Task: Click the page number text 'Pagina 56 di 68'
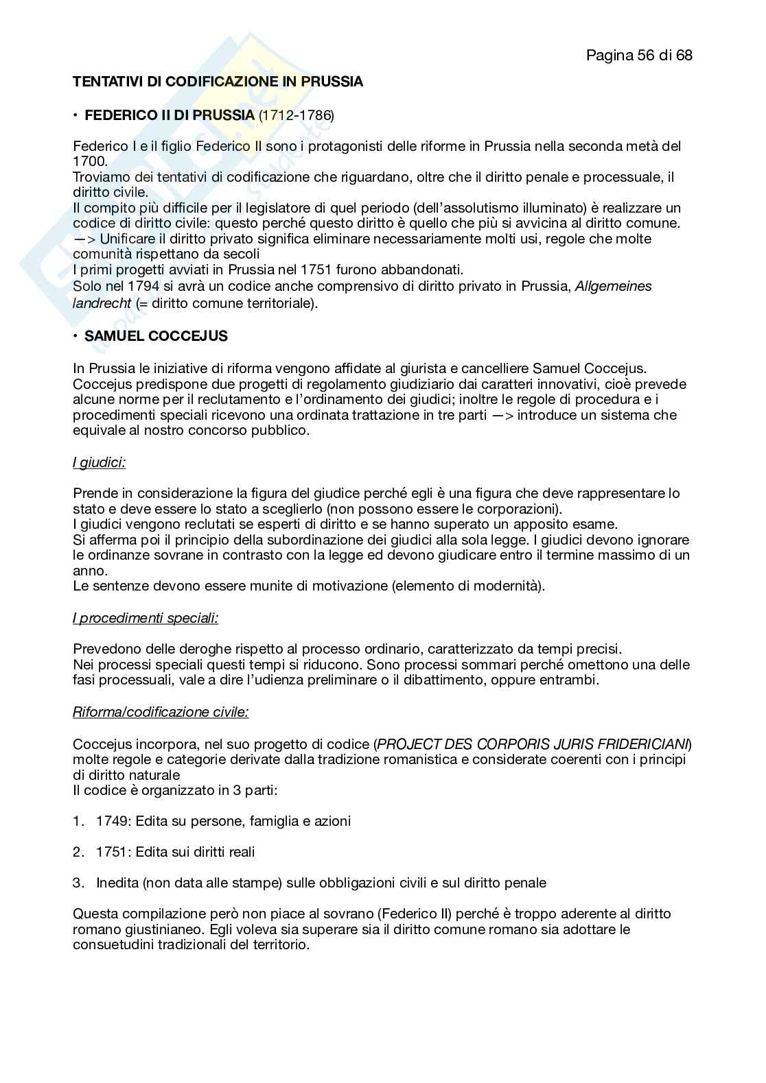(639, 55)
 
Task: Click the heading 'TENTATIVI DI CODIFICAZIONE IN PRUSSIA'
(218, 82)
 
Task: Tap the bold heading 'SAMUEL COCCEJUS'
(156, 336)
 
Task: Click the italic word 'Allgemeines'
(614, 286)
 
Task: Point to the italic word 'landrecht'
(102, 302)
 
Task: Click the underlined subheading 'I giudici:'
(99, 462)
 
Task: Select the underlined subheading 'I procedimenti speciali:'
(146, 618)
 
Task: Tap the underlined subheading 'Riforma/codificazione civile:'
(161, 712)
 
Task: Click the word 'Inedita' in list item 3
(117, 883)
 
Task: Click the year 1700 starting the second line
(89, 161)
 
